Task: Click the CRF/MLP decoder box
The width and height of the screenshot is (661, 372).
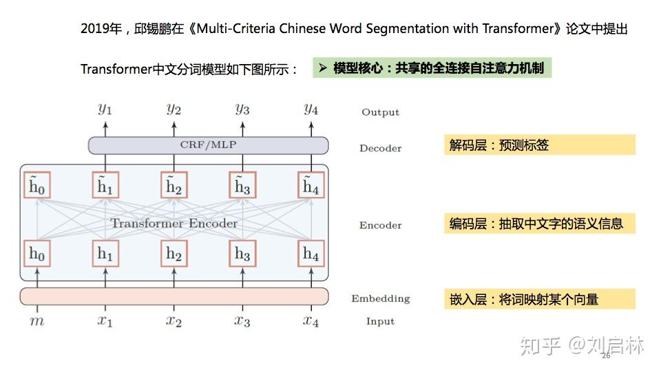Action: pos(208,145)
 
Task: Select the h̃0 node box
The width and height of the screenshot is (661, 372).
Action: pos(37,185)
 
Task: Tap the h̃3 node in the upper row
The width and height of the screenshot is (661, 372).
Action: pos(242,185)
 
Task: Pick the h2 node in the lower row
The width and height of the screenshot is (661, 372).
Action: pos(174,254)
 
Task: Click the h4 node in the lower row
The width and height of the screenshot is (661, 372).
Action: pos(311,254)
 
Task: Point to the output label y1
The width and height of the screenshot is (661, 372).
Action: pos(105,109)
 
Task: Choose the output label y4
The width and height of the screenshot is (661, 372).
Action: pos(311,109)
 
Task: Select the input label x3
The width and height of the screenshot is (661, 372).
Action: pos(242,321)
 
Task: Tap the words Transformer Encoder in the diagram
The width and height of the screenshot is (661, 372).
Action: pos(174,223)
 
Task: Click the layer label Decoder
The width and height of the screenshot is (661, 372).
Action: pos(380,148)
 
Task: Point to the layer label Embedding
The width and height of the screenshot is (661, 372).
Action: pos(380,298)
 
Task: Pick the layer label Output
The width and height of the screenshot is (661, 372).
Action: pos(380,112)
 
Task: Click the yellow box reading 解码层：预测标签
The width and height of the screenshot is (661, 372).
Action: pos(539,145)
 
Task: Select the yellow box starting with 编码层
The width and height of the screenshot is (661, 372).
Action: pos(539,223)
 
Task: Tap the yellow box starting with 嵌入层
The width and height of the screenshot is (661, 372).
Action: pos(539,299)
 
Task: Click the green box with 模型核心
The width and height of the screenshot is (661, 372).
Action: pos(432,68)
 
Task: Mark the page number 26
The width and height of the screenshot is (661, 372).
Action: pos(606,356)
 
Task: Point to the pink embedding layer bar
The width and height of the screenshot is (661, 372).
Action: pos(174,296)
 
